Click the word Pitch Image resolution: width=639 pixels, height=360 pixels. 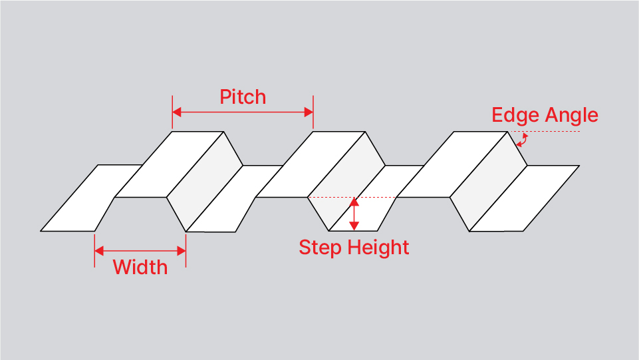243,97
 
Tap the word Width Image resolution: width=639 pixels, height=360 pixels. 140,268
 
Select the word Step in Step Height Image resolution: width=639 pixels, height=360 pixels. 320,248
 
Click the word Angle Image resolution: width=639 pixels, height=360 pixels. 572,115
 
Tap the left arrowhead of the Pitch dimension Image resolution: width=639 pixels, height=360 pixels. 177,112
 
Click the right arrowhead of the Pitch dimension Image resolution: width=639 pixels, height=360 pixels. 309,112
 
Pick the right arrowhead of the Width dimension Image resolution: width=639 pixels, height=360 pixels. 181,251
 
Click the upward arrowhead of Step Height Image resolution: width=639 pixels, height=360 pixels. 354,203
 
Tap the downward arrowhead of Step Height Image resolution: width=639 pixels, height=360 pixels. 354,226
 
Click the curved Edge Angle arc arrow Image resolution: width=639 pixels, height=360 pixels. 523,140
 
